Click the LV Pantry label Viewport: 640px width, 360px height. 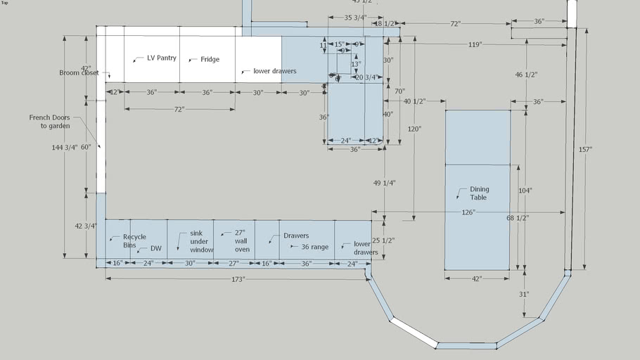click(x=161, y=58)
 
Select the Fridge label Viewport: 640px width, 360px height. click(x=210, y=60)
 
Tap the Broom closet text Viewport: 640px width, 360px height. click(x=79, y=72)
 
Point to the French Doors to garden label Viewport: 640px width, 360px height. click(x=49, y=122)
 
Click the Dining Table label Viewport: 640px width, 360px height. click(x=479, y=193)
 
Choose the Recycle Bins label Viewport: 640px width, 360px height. click(x=134, y=241)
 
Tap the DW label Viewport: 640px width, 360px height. click(x=155, y=249)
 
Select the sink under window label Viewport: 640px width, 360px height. click(x=201, y=241)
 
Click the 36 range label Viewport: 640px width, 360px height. click(x=314, y=247)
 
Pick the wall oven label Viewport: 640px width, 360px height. click(x=241, y=240)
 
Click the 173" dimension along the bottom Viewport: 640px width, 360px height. click(x=238, y=279)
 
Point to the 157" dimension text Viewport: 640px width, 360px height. click(x=585, y=149)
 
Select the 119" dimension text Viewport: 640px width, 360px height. click(x=475, y=45)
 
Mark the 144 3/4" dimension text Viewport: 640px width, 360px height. click(x=65, y=148)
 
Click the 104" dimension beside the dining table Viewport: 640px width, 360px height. click(x=525, y=191)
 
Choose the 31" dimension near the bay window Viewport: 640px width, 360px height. click(x=524, y=294)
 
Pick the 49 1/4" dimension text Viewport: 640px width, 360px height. click(x=384, y=183)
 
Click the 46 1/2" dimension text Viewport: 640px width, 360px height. click(x=525, y=75)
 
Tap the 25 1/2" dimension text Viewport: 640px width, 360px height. click(x=383, y=240)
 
